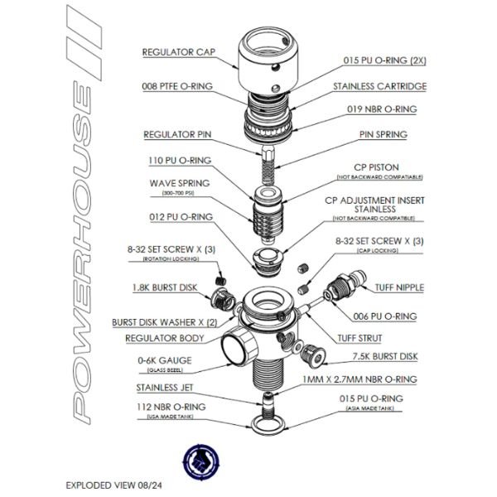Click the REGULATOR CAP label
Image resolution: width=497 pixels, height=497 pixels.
[x=178, y=51]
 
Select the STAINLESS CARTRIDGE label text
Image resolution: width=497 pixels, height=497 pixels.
[x=379, y=85]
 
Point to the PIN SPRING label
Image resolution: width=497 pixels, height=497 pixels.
[x=383, y=134]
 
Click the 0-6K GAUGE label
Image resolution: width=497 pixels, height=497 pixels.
[x=166, y=360]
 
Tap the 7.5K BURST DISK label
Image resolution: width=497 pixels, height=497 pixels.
[x=384, y=358]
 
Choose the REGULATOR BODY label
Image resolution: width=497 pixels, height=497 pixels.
[x=165, y=338]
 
